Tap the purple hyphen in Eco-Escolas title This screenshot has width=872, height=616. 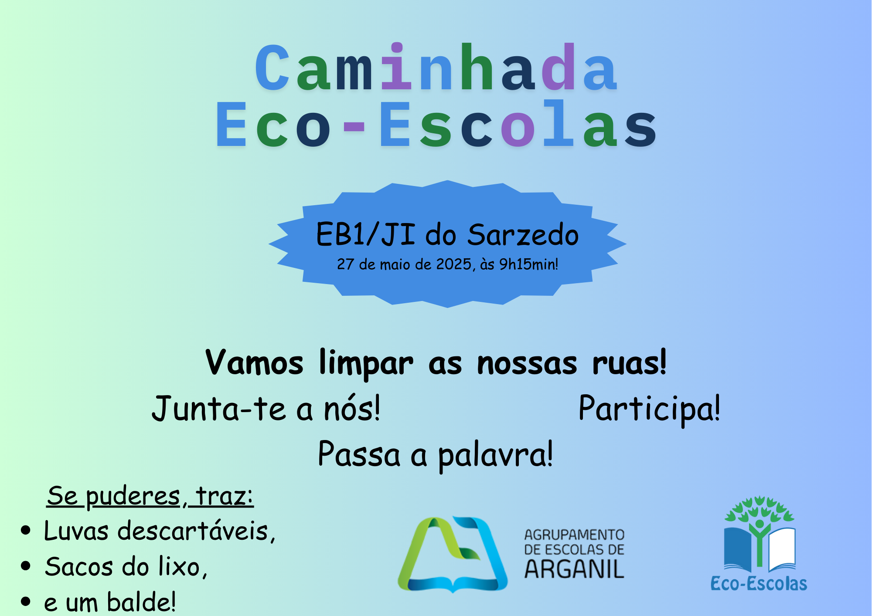[354, 127]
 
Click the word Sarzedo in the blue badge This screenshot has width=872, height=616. [523, 235]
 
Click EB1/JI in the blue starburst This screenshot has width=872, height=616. [365, 234]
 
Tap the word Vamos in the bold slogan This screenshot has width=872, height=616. [254, 362]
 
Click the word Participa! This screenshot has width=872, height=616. [649, 409]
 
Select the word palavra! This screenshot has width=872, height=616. [495, 454]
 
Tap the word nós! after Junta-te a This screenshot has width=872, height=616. [351, 408]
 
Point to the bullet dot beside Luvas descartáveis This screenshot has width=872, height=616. [26, 530]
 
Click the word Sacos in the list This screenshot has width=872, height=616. [79, 567]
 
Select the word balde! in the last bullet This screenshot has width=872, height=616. [141, 602]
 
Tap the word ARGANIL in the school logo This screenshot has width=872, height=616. [574, 569]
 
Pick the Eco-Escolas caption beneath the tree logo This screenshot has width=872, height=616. [759, 583]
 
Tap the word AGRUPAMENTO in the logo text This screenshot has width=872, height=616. [574, 535]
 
